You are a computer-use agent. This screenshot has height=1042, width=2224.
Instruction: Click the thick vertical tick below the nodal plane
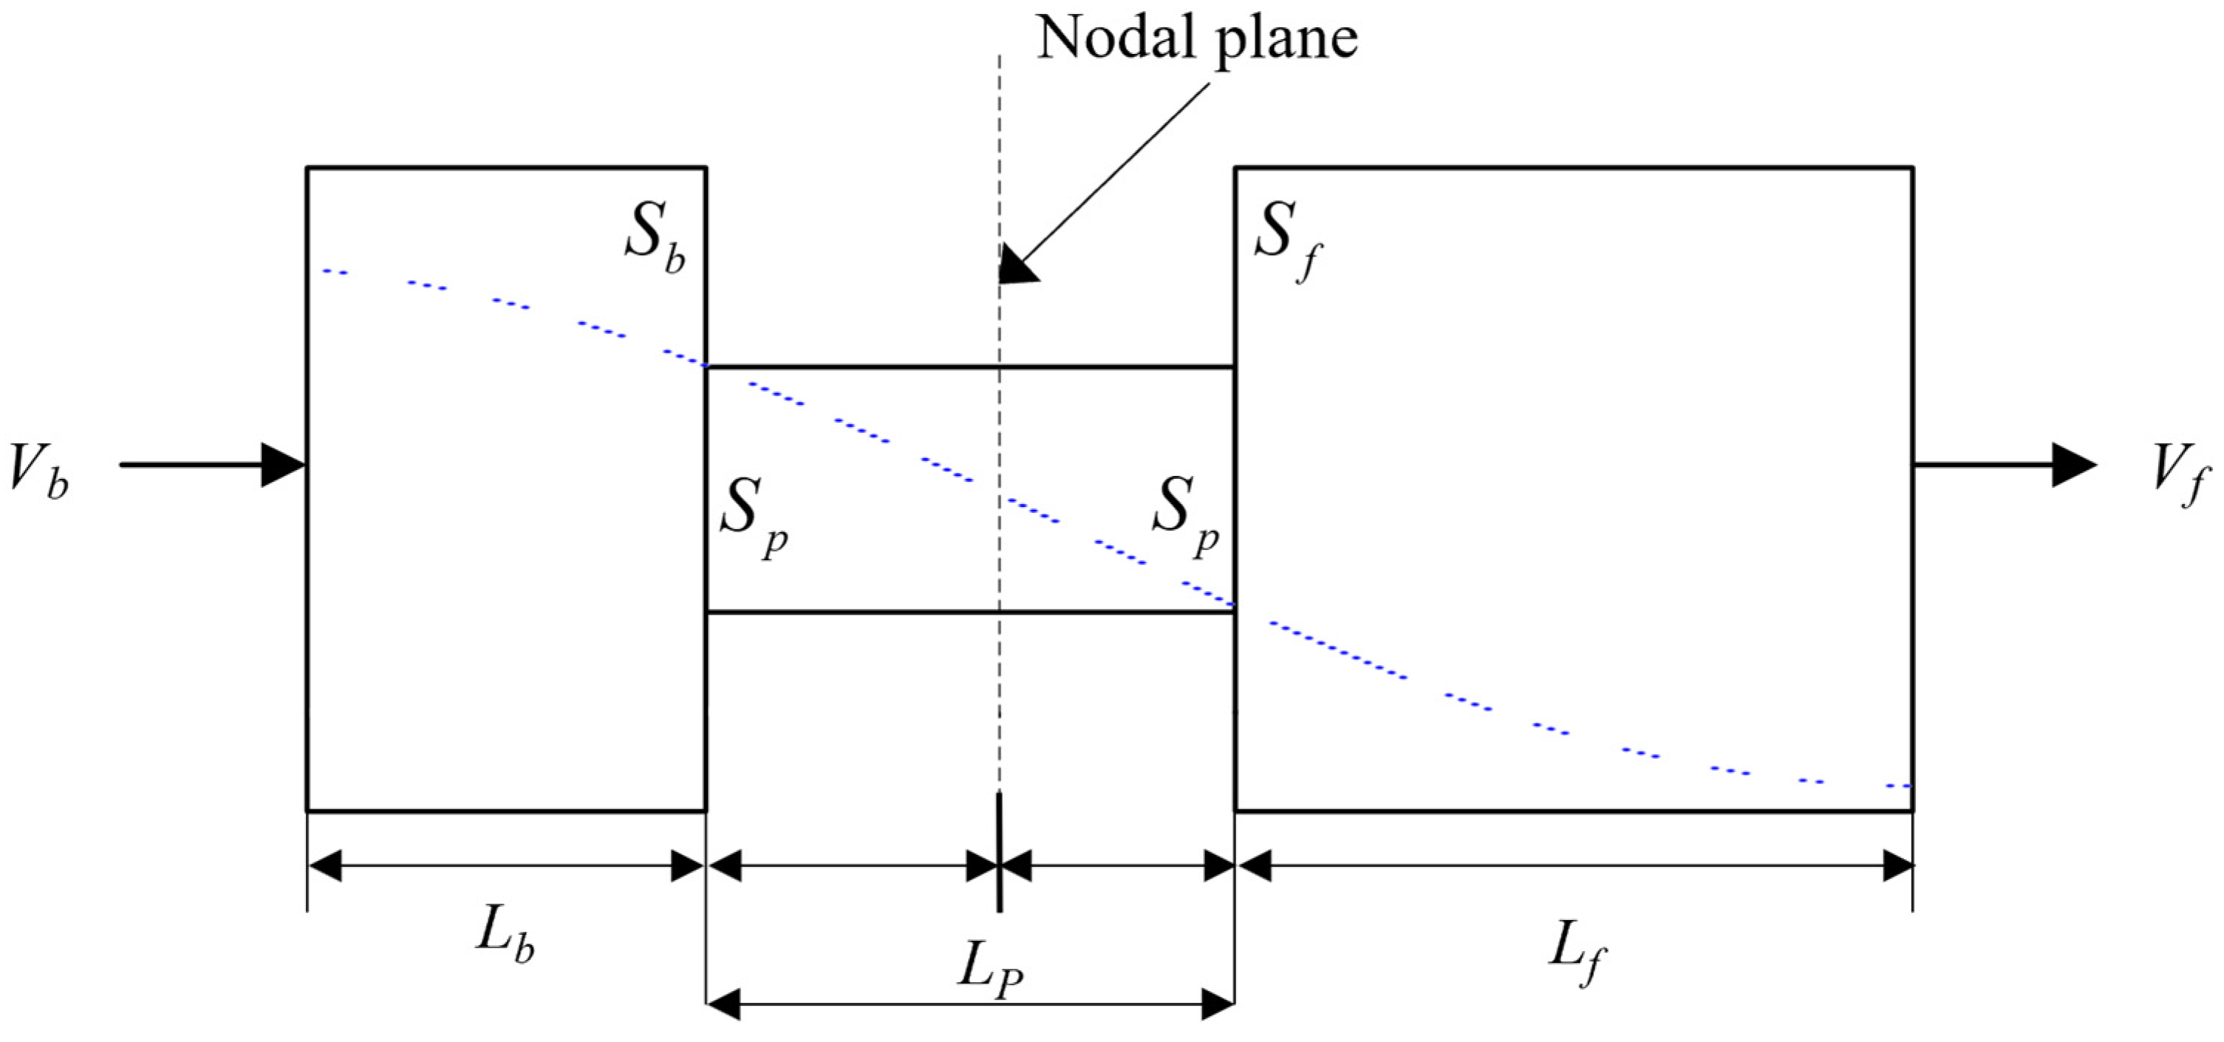[999, 851]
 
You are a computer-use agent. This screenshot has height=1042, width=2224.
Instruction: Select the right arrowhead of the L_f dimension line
[1897, 865]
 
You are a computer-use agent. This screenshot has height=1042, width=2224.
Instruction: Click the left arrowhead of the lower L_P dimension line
[723, 1004]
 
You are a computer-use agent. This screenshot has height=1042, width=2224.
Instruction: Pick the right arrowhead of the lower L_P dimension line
[1218, 1004]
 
